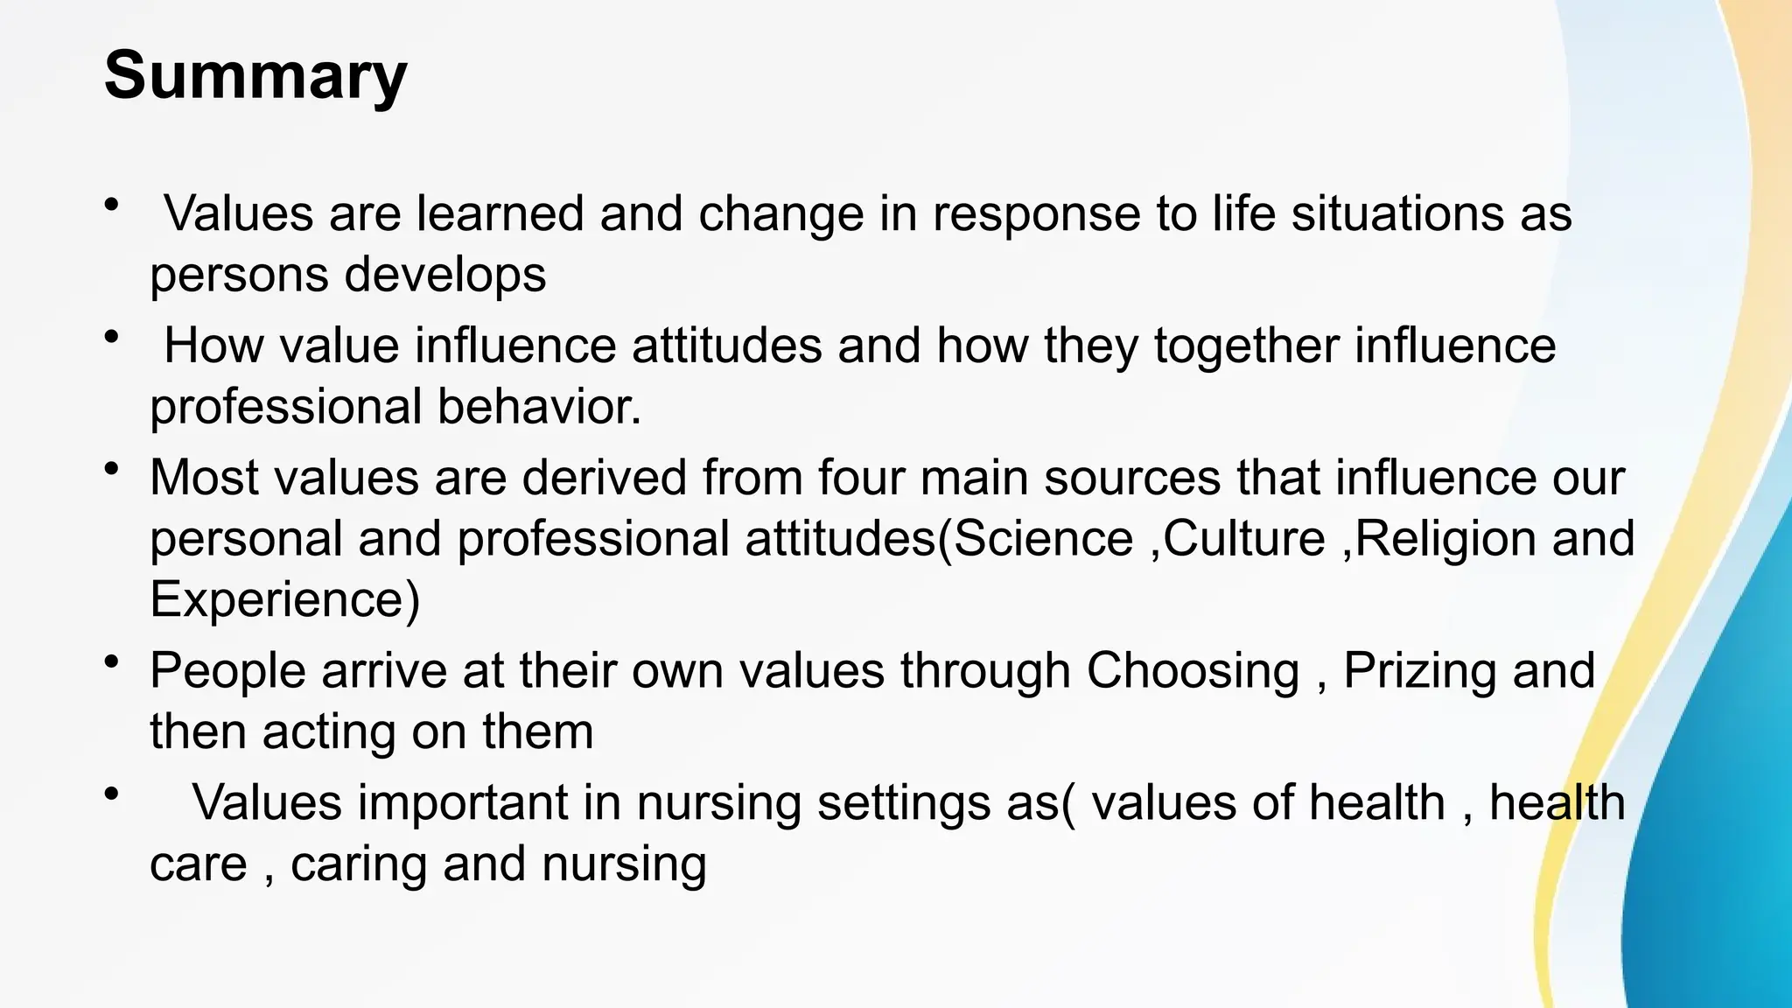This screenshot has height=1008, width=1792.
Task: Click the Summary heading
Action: click(x=255, y=77)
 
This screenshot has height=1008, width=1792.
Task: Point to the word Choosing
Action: click(x=1193, y=671)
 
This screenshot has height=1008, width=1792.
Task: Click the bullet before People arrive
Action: click(x=111, y=662)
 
